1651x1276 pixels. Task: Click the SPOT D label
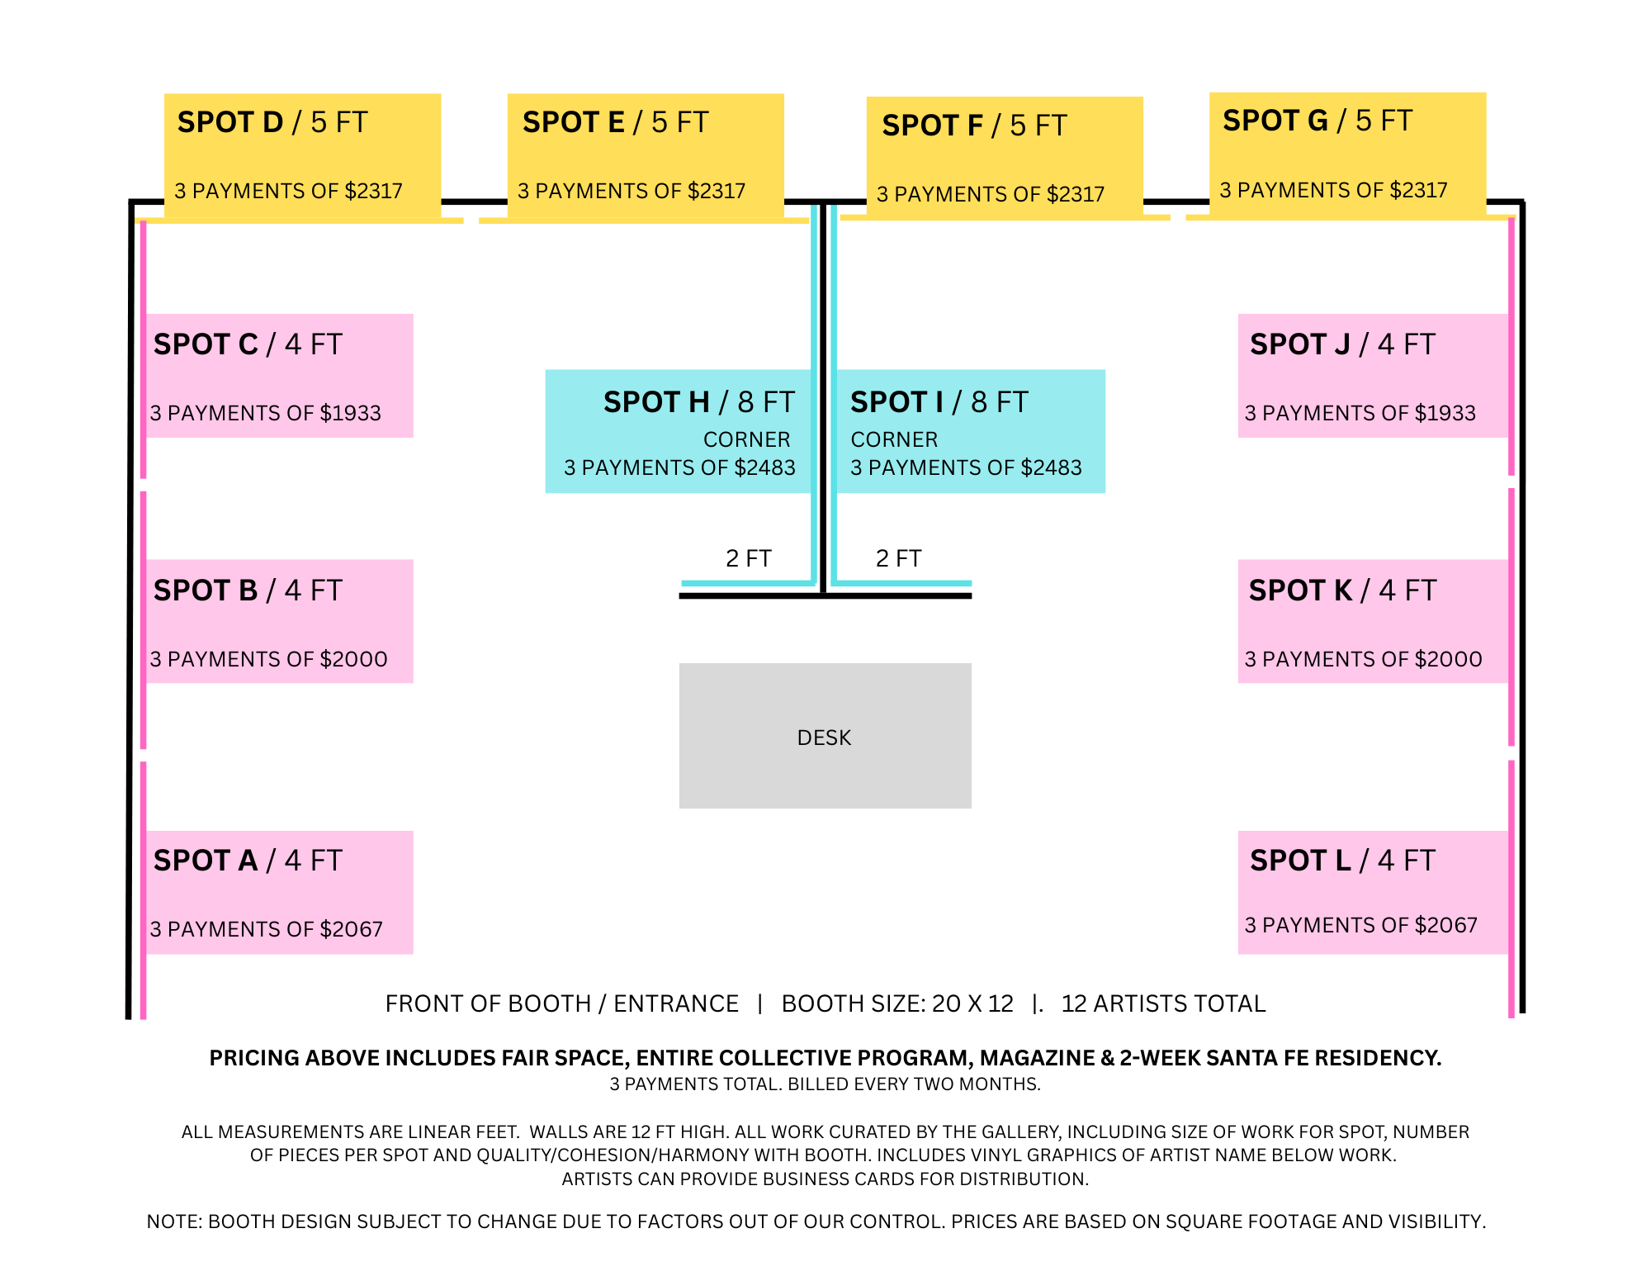272,122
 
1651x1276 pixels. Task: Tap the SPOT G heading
1317,121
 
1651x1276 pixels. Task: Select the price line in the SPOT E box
632,192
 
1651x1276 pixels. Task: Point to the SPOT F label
974,126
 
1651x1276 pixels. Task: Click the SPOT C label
248,344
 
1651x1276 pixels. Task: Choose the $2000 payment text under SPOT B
268,659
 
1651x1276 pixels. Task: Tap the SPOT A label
248,861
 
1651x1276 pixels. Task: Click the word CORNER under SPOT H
746,439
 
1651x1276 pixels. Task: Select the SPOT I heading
939,402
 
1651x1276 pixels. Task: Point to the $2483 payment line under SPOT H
679,467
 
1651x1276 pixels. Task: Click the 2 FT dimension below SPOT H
748,558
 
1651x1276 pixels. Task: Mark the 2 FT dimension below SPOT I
898,558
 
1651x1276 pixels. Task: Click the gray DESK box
825,736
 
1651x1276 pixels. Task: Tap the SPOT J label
1342,344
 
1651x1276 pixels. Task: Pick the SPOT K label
1342,591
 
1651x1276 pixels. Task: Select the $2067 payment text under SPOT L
1360,925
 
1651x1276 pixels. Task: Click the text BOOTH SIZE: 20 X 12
897,1003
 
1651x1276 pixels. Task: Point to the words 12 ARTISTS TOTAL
1163,1003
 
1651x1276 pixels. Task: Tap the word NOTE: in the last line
174,1221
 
